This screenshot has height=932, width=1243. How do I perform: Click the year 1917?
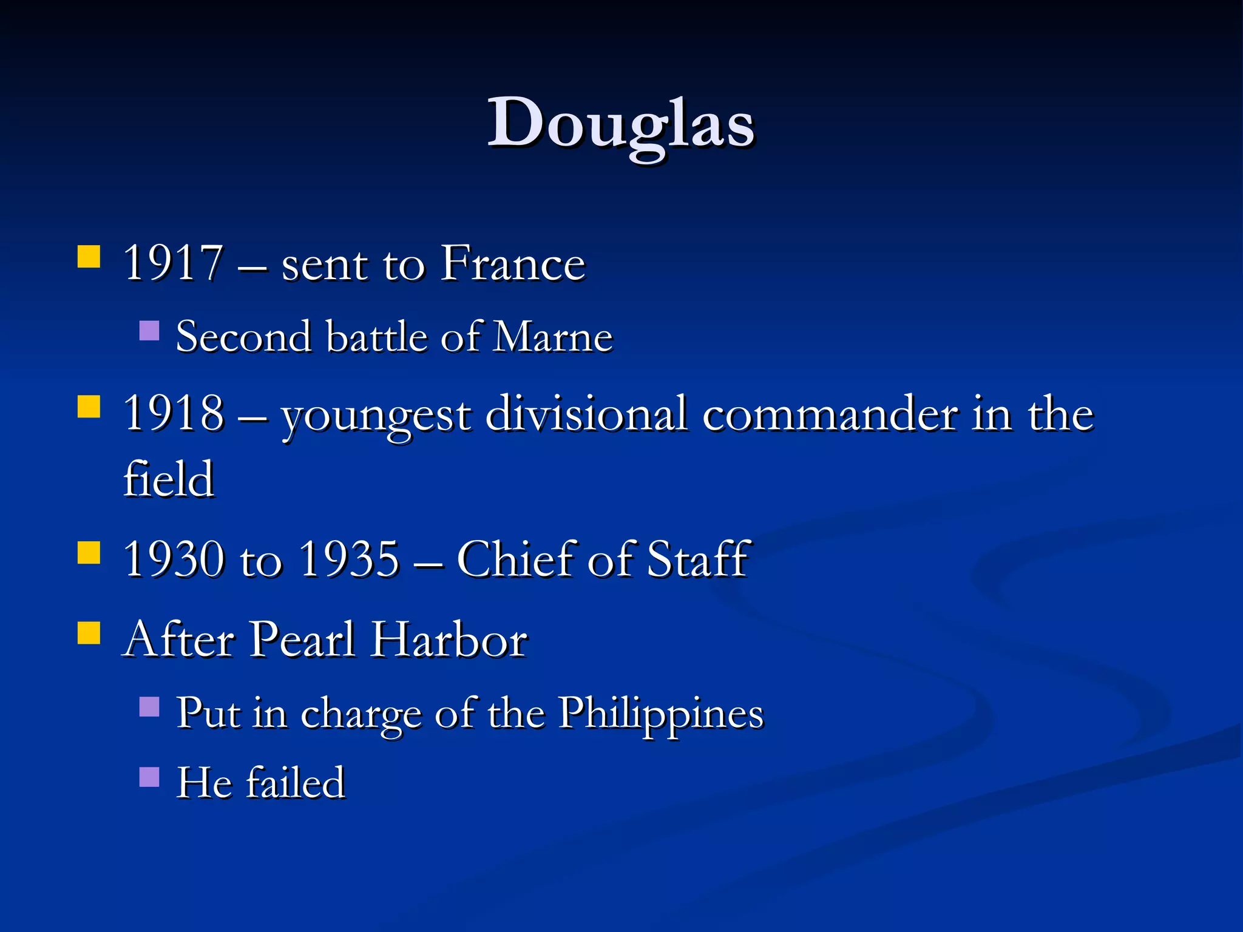point(173,263)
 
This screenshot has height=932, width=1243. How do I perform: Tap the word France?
point(513,263)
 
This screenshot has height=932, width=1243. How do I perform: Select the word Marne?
point(553,337)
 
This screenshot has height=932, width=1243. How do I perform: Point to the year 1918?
point(173,414)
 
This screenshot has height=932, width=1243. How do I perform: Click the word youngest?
point(376,416)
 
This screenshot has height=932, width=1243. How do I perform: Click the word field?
point(169,479)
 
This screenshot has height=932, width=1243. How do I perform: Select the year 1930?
point(173,559)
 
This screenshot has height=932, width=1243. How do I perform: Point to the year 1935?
point(350,559)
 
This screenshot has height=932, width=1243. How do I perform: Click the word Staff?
point(698,559)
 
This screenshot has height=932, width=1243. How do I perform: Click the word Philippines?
point(660,714)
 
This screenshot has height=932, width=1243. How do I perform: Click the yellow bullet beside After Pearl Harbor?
point(89,632)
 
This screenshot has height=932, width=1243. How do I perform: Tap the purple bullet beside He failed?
point(149,777)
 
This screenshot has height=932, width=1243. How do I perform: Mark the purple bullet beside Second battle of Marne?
point(149,331)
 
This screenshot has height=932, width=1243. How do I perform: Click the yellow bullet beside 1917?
point(89,257)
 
